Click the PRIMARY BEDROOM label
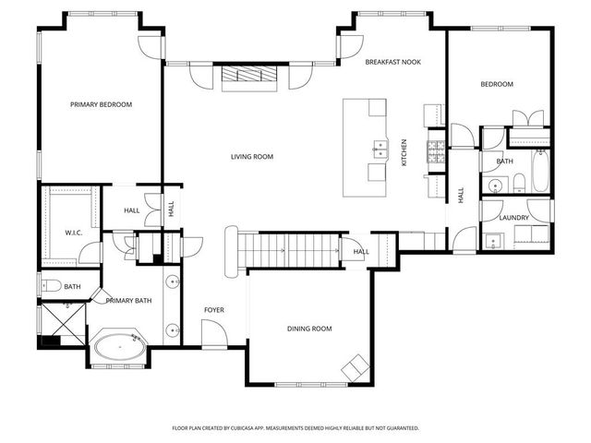tap(101, 105)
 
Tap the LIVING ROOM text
tap(252, 157)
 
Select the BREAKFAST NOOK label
tap(392, 62)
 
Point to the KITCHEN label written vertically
tap(404, 152)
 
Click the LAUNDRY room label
tap(513, 218)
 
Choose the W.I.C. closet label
tap(74, 233)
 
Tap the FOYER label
tap(214, 310)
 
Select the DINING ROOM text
tap(309, 329)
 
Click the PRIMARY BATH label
tap(128, 301)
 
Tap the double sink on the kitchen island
tap(380, 146)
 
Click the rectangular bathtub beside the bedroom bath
tap(539, 170)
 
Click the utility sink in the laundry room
tap(493, 242)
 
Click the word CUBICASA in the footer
tap(276, 428)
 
